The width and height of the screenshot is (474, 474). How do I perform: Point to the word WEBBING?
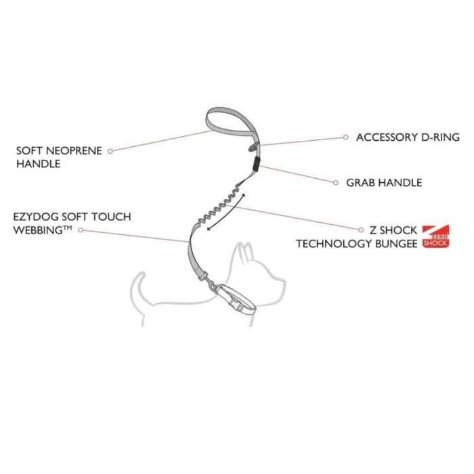pos(39,230)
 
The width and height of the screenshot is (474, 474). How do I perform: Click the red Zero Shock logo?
pos(435,236)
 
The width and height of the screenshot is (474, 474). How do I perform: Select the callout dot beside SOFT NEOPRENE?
pos(110,151)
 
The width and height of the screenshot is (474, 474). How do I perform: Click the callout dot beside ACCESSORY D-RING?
pos(346,137)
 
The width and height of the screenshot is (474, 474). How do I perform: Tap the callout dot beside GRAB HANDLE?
pos(336,183)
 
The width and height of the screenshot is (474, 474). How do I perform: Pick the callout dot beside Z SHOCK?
pos(361,230)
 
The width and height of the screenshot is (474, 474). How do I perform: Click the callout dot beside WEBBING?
pos(81,230)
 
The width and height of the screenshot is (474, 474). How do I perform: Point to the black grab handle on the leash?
pos(257,164)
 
